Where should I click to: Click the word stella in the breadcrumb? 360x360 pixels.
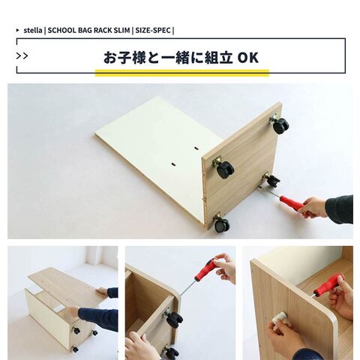[x=33, y=31]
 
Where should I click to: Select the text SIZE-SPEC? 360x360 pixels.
[x=153, y=31]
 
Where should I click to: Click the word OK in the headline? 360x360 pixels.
[x=247, y=57]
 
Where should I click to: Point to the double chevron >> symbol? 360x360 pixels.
[x=22, y=56]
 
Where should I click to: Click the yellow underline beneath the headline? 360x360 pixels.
[x=182, y=73]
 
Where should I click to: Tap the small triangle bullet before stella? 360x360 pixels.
[x=18, y=30]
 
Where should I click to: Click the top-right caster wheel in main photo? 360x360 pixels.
[x=280, y=125]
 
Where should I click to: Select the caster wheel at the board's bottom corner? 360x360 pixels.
[x=222, y=224]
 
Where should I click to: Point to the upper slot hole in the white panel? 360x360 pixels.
[x=196, y=148]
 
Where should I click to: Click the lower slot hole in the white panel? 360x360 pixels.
[x=174, y=164]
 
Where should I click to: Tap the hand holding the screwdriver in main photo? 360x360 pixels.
[x=314, y=207]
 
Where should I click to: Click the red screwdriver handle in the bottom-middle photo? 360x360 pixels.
[x=206, y=270]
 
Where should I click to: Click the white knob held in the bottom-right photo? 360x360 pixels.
[x=279, y=318]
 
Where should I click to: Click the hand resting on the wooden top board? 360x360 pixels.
[x=102, y=291]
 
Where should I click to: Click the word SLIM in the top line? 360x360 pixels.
[x=121, y=31]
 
